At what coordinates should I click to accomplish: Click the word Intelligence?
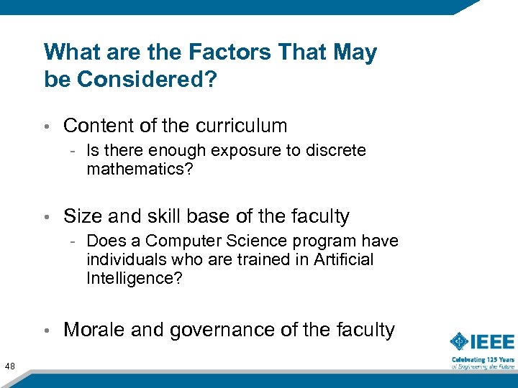point(134,277)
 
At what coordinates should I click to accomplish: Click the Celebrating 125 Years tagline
point(483,359)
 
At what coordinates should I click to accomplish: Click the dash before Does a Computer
point(75,241)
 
